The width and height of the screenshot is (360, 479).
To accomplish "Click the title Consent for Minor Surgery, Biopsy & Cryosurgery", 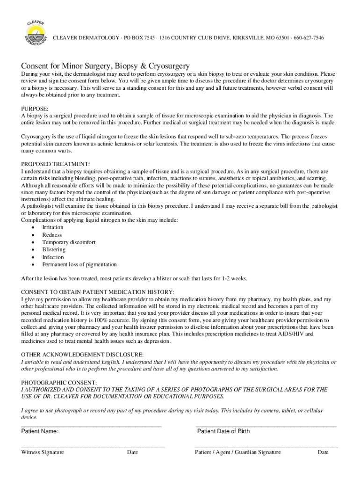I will (x=105, y=66).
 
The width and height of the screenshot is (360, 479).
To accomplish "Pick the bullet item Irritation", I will (x=53, y=227).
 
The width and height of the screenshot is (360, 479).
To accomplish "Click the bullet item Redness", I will (x=52, y=235).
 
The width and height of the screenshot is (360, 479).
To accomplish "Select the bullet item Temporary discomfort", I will (x=69, y=242).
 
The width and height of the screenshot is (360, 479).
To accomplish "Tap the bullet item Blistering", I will (x=54, y=250).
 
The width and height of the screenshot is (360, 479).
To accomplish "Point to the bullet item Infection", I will (x=53, y=257).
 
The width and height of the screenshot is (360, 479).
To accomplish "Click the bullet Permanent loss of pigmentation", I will (x=79, y=265).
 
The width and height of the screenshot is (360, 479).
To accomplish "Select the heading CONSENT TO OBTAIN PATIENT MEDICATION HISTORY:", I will (x=98, y=292).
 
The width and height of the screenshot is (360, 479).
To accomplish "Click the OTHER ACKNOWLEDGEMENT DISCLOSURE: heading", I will (x=82, y=355).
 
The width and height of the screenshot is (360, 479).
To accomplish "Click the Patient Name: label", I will (x=40, y=431).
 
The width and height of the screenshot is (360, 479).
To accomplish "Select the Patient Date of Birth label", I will (x=223, y=431).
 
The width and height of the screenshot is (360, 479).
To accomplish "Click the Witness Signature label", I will (x=43, y=452).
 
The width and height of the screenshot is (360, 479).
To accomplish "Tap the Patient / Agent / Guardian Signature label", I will (x=238, y=452).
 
